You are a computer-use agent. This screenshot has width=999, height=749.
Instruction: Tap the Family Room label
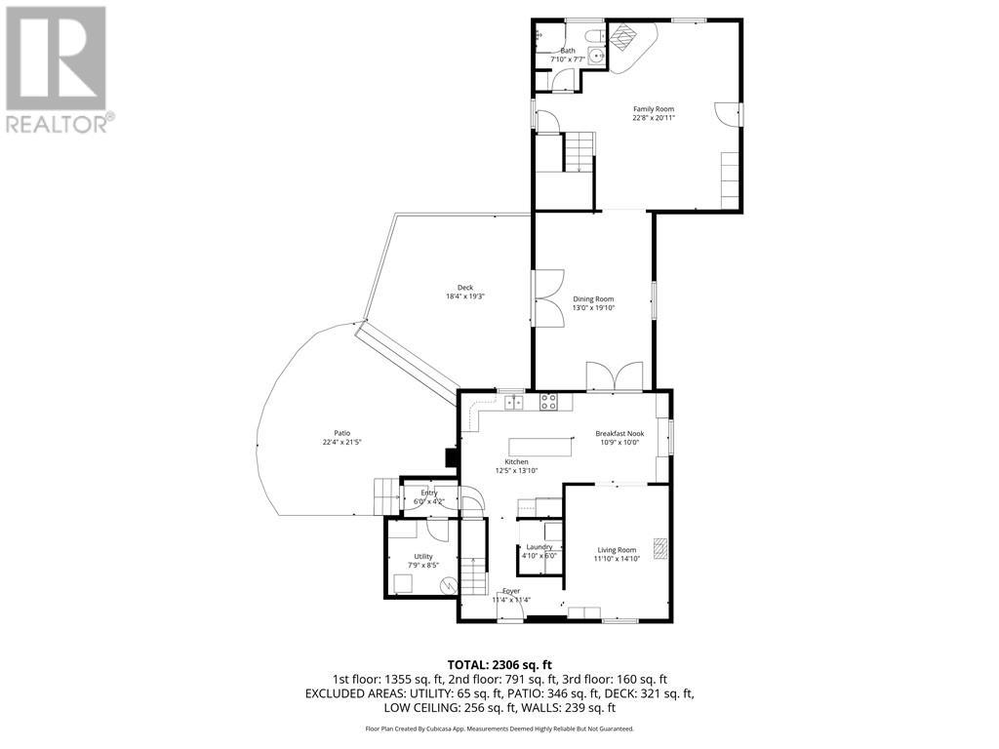pyautogui.click(x=654, y=109)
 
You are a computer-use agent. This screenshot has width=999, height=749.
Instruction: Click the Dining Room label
pyautogui.click(x=593, y=298)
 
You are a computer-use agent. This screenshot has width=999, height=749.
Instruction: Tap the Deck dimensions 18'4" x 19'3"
pyautogui.click(x=465, y=296)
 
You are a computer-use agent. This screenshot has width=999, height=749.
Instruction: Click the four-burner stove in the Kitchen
pyautogui.click(x=548, y=399)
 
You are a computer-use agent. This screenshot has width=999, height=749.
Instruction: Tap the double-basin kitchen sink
pyautogui.click(x=512, y=400)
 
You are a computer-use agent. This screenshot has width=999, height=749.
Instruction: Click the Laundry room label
pyautogui.click(x=539, y=547)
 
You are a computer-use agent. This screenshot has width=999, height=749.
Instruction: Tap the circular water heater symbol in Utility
pyautogui.click(x=447, y=585)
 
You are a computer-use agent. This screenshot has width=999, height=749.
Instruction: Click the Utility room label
pyautogui.click(x=422, y=556)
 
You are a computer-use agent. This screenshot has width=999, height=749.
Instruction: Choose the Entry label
pyautogui.click(x=428, y=493)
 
